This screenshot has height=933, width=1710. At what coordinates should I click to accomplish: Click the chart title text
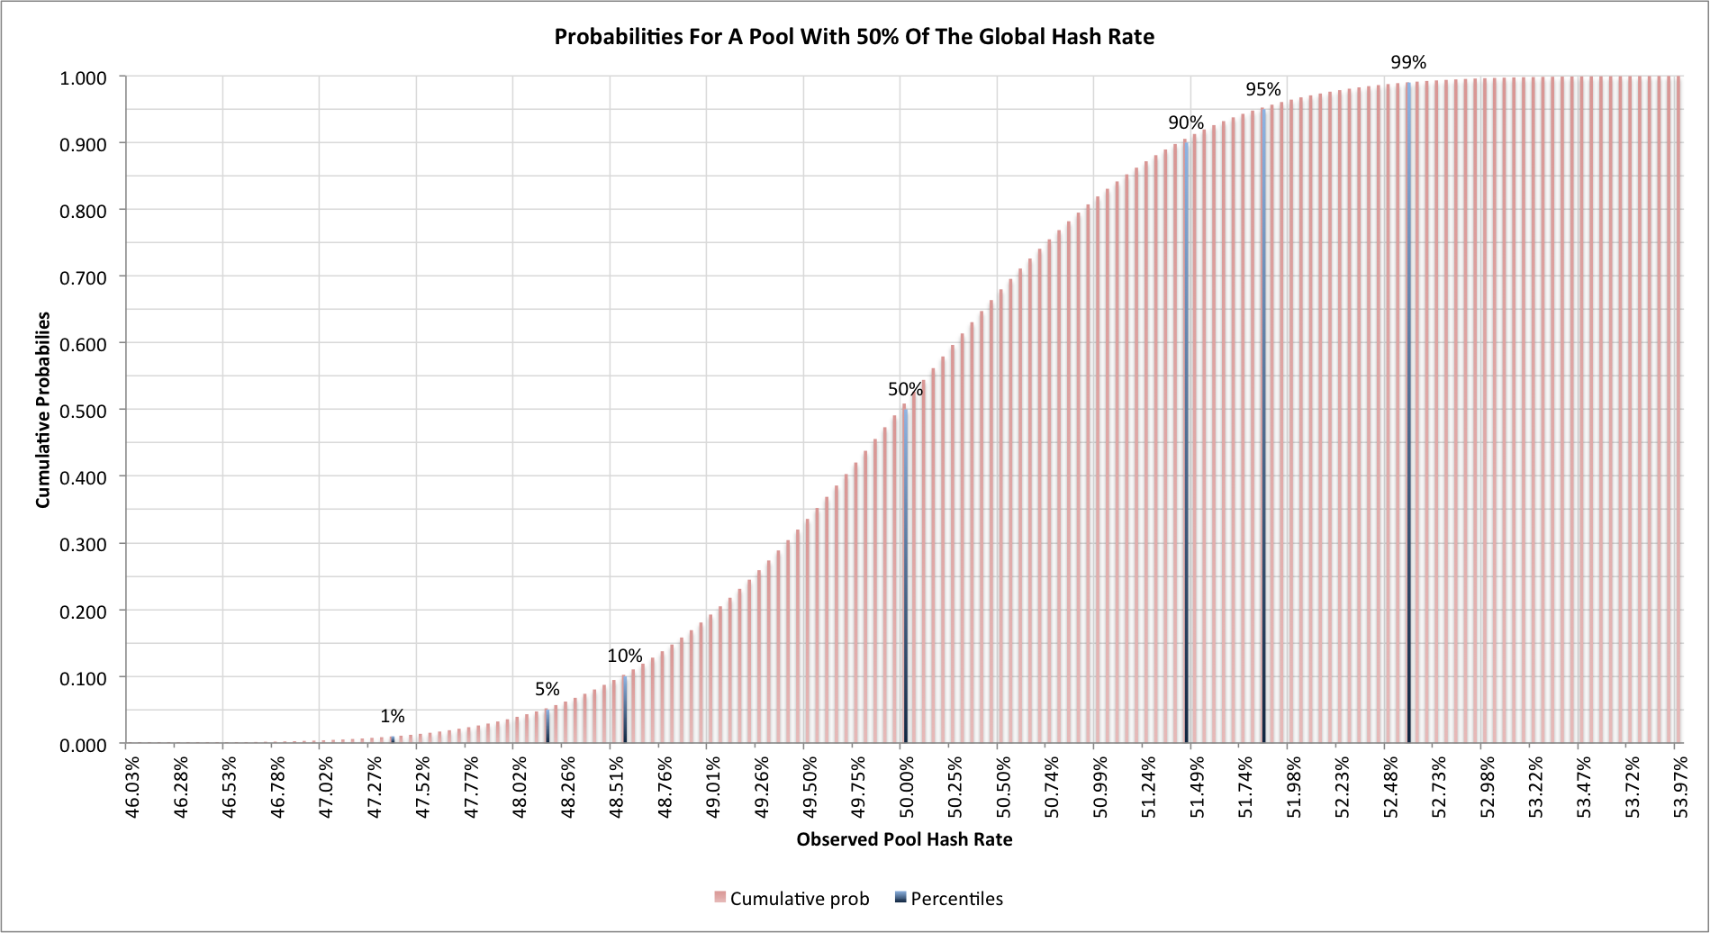pos(854,37)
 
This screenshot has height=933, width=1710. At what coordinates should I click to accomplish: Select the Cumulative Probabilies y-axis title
pos(43,410)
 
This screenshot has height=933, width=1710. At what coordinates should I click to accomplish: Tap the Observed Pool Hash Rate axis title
pos(904,839)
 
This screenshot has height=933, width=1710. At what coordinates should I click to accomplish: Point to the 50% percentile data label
pos(905,389)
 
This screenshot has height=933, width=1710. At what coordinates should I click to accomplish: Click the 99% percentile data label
pos(1408,62)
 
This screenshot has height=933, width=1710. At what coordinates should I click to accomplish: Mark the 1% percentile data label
pos(393,716)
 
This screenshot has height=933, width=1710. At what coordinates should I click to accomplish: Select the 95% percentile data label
pos(1263,89)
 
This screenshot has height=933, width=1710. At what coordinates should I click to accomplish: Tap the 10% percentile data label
pos(625,656)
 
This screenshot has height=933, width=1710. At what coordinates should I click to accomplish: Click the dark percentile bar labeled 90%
pos(1186,450)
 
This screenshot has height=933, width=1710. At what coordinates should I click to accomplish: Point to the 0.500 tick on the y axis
pos(83,411)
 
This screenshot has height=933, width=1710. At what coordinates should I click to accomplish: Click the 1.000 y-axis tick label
pos(83,78)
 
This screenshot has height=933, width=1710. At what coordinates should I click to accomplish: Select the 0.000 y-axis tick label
pos(83,745)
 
